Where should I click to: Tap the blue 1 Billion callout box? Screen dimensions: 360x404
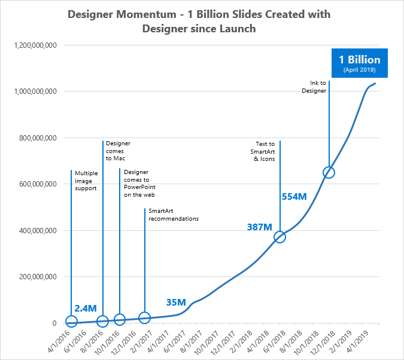pyautogui.click(x=360, y=63)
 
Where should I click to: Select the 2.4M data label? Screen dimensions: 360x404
pyautogui.click(x=86, y=309)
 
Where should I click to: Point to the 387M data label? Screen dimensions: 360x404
pyautogui.click(x=260, y=227)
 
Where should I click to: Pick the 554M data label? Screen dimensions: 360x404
pyautogui.click(x=294, y=196)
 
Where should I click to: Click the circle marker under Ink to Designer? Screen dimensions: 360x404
pyautogui.click(x=329, y=172)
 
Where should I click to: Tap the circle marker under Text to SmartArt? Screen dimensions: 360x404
pyautogui.click(x=280, y=237)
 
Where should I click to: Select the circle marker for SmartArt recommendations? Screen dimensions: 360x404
pyautogui.click(x=144, y=318)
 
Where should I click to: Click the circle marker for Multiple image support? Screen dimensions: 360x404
pyautogui.click(x=71, y=323)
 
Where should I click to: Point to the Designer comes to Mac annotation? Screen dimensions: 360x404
pyautogui.click(x=118, y=151)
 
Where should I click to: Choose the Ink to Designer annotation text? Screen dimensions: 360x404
pyautogui.click(x=314, y=87)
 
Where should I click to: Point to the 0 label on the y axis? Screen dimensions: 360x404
pyautogui.click(x=54, y=324)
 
